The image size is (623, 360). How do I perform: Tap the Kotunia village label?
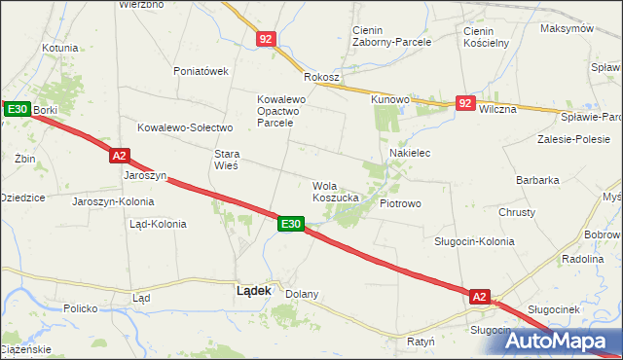59,47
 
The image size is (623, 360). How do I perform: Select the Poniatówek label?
201,71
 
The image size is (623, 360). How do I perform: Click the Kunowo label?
388,99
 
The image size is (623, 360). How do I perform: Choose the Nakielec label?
410,154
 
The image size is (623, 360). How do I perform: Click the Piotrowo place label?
400,204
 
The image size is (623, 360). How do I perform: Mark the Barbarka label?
537,180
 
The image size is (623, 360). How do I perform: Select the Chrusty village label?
517,212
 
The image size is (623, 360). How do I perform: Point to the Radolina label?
583,260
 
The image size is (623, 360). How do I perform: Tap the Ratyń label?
421,342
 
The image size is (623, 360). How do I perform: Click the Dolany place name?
302,293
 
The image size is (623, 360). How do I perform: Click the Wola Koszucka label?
336,191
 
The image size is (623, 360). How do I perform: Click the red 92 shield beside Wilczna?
466,103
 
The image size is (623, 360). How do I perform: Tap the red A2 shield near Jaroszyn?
119,155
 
